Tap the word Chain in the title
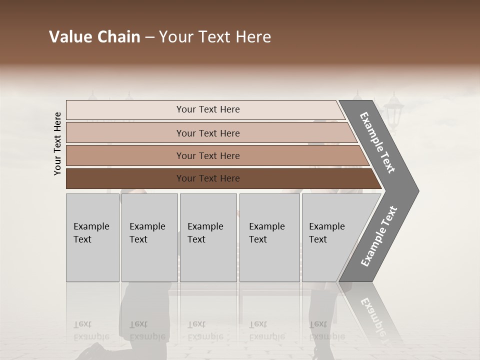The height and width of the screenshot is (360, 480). [x=118, y=37]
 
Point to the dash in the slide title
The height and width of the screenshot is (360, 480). [x=149, y=37]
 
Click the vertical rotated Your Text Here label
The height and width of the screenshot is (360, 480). [x=57, y=143]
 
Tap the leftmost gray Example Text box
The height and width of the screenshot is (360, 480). [x=92, y=237]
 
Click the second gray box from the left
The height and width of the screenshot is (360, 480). [x=149, y=237]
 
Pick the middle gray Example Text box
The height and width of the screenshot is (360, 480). [x=208, y=237]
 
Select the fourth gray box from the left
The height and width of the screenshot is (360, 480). [x=269, y=237]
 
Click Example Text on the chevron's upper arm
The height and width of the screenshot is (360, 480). [x=377, y=143]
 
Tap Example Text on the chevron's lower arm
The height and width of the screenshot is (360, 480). [x=379, y=236]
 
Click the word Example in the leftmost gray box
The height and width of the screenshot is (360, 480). [x=91, y=226]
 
